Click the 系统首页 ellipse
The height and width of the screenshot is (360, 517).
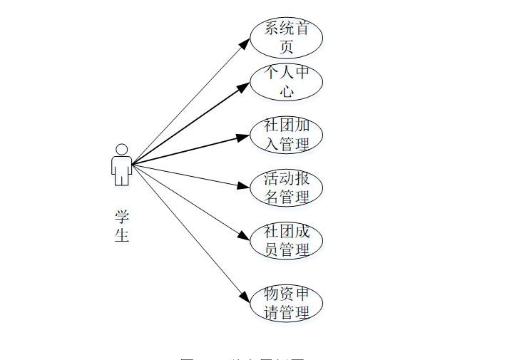(x=286, y=38)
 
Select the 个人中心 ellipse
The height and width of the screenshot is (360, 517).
(x=286, y=82)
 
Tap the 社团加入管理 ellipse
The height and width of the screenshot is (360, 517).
(x=286, y=135)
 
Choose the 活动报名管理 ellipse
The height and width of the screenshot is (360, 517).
(x=286, y=187)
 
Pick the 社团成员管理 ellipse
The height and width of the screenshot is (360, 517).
(x=286, y=240)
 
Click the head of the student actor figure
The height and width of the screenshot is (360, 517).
(x=122, y=150)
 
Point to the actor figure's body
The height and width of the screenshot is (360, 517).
(x=122, y=170)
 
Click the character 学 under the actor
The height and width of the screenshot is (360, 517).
(x=122, y=217)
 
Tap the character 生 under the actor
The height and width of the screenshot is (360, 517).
(x=122, y=235)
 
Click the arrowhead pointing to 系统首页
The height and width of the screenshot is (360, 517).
(x=245, y=44)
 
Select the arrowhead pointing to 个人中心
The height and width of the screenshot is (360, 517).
(x=245, y=86)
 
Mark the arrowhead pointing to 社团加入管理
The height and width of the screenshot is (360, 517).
(x=245, y=136)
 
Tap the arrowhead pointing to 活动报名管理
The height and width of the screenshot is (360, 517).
(x=245, y=187)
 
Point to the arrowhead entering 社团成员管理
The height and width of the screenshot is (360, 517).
(x=245, y=237)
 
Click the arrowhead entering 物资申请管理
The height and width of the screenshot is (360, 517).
(x=245, y=295)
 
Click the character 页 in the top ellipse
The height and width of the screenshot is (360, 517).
(x=287, y=47)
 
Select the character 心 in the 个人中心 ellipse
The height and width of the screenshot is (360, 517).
(x=287, y=91)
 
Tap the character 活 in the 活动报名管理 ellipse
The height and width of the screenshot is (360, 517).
(x=271, y=178)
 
